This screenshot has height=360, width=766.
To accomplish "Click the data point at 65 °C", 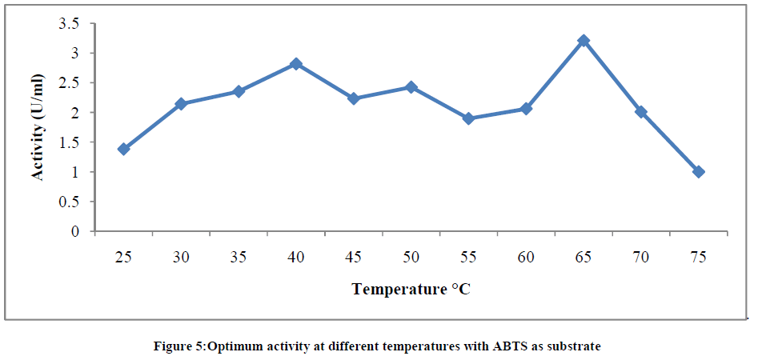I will pos(584,41).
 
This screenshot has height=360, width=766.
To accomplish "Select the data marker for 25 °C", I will pos(123,149).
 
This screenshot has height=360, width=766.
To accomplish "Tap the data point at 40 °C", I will pos(296,63).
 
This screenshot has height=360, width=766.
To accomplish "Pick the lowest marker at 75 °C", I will pos(699,172).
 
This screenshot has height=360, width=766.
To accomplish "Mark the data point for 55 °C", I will pos(469,118).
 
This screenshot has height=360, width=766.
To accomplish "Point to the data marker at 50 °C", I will pos(411,86).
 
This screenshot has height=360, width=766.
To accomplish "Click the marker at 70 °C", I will pos(641,112).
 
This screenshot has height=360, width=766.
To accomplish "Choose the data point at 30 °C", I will pos(181,104).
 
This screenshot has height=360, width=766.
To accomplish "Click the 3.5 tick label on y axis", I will pos(69,24).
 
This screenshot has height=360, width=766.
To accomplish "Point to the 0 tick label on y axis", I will pos(75,232).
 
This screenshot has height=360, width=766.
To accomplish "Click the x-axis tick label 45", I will pos(354,257).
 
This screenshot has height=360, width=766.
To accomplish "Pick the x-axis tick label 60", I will pos(526,257).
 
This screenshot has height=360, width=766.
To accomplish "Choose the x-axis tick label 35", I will pos(239,257).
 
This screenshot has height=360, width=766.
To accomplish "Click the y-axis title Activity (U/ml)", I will pos(38,128).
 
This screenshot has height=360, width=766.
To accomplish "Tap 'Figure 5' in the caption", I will pos(179,346).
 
